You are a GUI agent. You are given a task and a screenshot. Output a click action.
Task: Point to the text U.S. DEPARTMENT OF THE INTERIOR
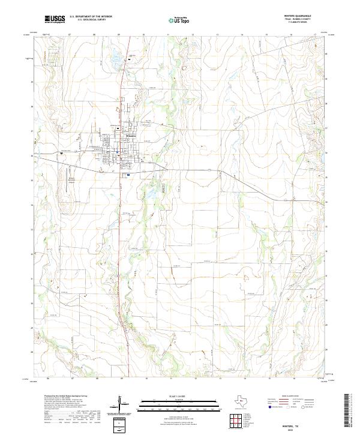click(x=91, y=17)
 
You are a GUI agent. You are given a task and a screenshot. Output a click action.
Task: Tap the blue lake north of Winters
click(x=114, y=60)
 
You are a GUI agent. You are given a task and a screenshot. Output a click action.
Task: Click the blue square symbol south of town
click(x=128, y=175)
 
